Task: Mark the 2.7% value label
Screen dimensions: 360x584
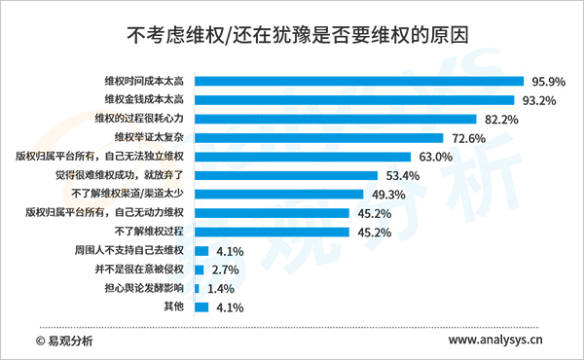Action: click(226, 270)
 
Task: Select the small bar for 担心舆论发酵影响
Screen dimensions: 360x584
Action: click(197, 289)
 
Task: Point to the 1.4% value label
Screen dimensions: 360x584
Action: click(221, 290)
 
